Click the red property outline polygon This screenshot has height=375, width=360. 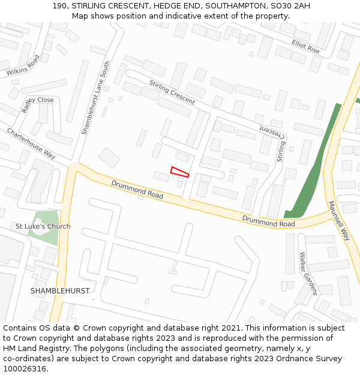pos(179,172)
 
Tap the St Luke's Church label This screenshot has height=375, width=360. pos(43,226)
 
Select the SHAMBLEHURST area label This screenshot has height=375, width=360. pos(60,290)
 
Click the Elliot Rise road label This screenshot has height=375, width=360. pos(306,47)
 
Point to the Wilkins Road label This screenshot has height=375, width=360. pos(23,66)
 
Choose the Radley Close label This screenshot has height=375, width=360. pos(38,104)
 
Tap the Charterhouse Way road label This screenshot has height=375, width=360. pos(31,143)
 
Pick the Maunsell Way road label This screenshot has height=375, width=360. pos(338,220)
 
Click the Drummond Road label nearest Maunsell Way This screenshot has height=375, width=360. pos(268,221)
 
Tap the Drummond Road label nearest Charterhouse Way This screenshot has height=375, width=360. pos(137,188)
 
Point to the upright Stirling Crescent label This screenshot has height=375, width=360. pos(172,92)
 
